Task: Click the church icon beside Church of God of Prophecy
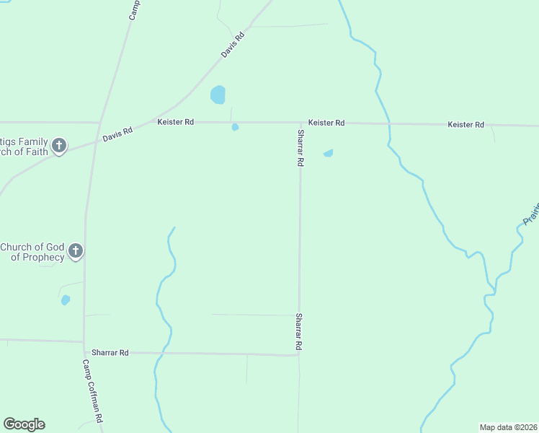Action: click(x=75, y=252)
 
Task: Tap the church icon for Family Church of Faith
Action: click(x=59, y=146)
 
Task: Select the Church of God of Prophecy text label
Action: click(x=32, y=252)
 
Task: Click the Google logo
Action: click(x=24, y=424)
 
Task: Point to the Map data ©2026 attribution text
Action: click(x=509, y=427)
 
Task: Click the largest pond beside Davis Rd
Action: click(x=218, y=95)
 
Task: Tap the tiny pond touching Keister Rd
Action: click(x=235, y=128)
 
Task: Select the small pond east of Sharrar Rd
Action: click(x=329, y=153)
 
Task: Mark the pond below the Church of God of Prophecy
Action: click(x=66, y=299)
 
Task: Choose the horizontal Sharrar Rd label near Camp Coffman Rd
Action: click(x=110, y=352)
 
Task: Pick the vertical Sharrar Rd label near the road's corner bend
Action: click(x=298, y=333)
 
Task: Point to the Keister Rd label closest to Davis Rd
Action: click(x=175, y=122)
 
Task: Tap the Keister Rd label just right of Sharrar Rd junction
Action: click(x=326, y=123)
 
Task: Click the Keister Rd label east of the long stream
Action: click(x=465, y=125)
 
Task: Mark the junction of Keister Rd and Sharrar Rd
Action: click(x=300, y=123)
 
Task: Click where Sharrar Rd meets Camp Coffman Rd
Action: click(x=84, y=351)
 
